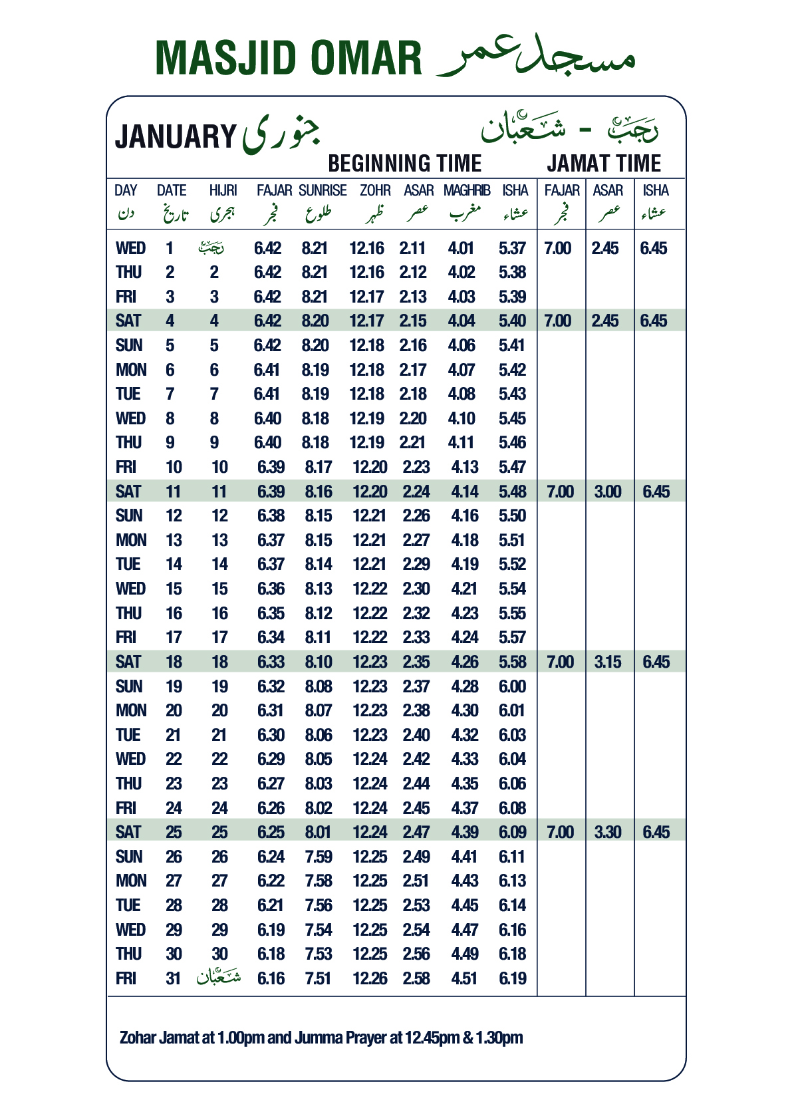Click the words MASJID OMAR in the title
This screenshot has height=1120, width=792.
point(288,59)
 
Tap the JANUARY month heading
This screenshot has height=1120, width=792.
point(176,137)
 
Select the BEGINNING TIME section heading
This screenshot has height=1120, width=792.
point(404,164)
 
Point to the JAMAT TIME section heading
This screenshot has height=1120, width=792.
point(604,164)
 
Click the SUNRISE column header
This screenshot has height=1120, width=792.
point(323,191)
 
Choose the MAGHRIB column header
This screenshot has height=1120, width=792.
point(467,191)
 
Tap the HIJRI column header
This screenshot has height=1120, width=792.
point(223,191)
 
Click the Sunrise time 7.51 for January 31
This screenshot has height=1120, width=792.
point(319,978)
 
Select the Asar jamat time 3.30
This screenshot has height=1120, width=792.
point(608,832)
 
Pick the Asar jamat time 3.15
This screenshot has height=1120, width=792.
point(608,662)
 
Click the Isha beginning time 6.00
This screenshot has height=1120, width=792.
point(512,686)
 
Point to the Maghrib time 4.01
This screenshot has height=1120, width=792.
point(461,248)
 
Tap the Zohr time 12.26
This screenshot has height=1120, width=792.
point(370,978)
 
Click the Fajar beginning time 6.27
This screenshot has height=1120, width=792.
point(271,783)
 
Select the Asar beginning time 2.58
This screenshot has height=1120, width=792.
point(416,978)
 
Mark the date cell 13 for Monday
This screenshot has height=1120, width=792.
point(174,540)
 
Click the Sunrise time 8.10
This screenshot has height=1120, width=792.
point(319,662)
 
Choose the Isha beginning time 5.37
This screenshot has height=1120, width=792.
point(512,248)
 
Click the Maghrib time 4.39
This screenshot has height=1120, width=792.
point(464,832)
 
